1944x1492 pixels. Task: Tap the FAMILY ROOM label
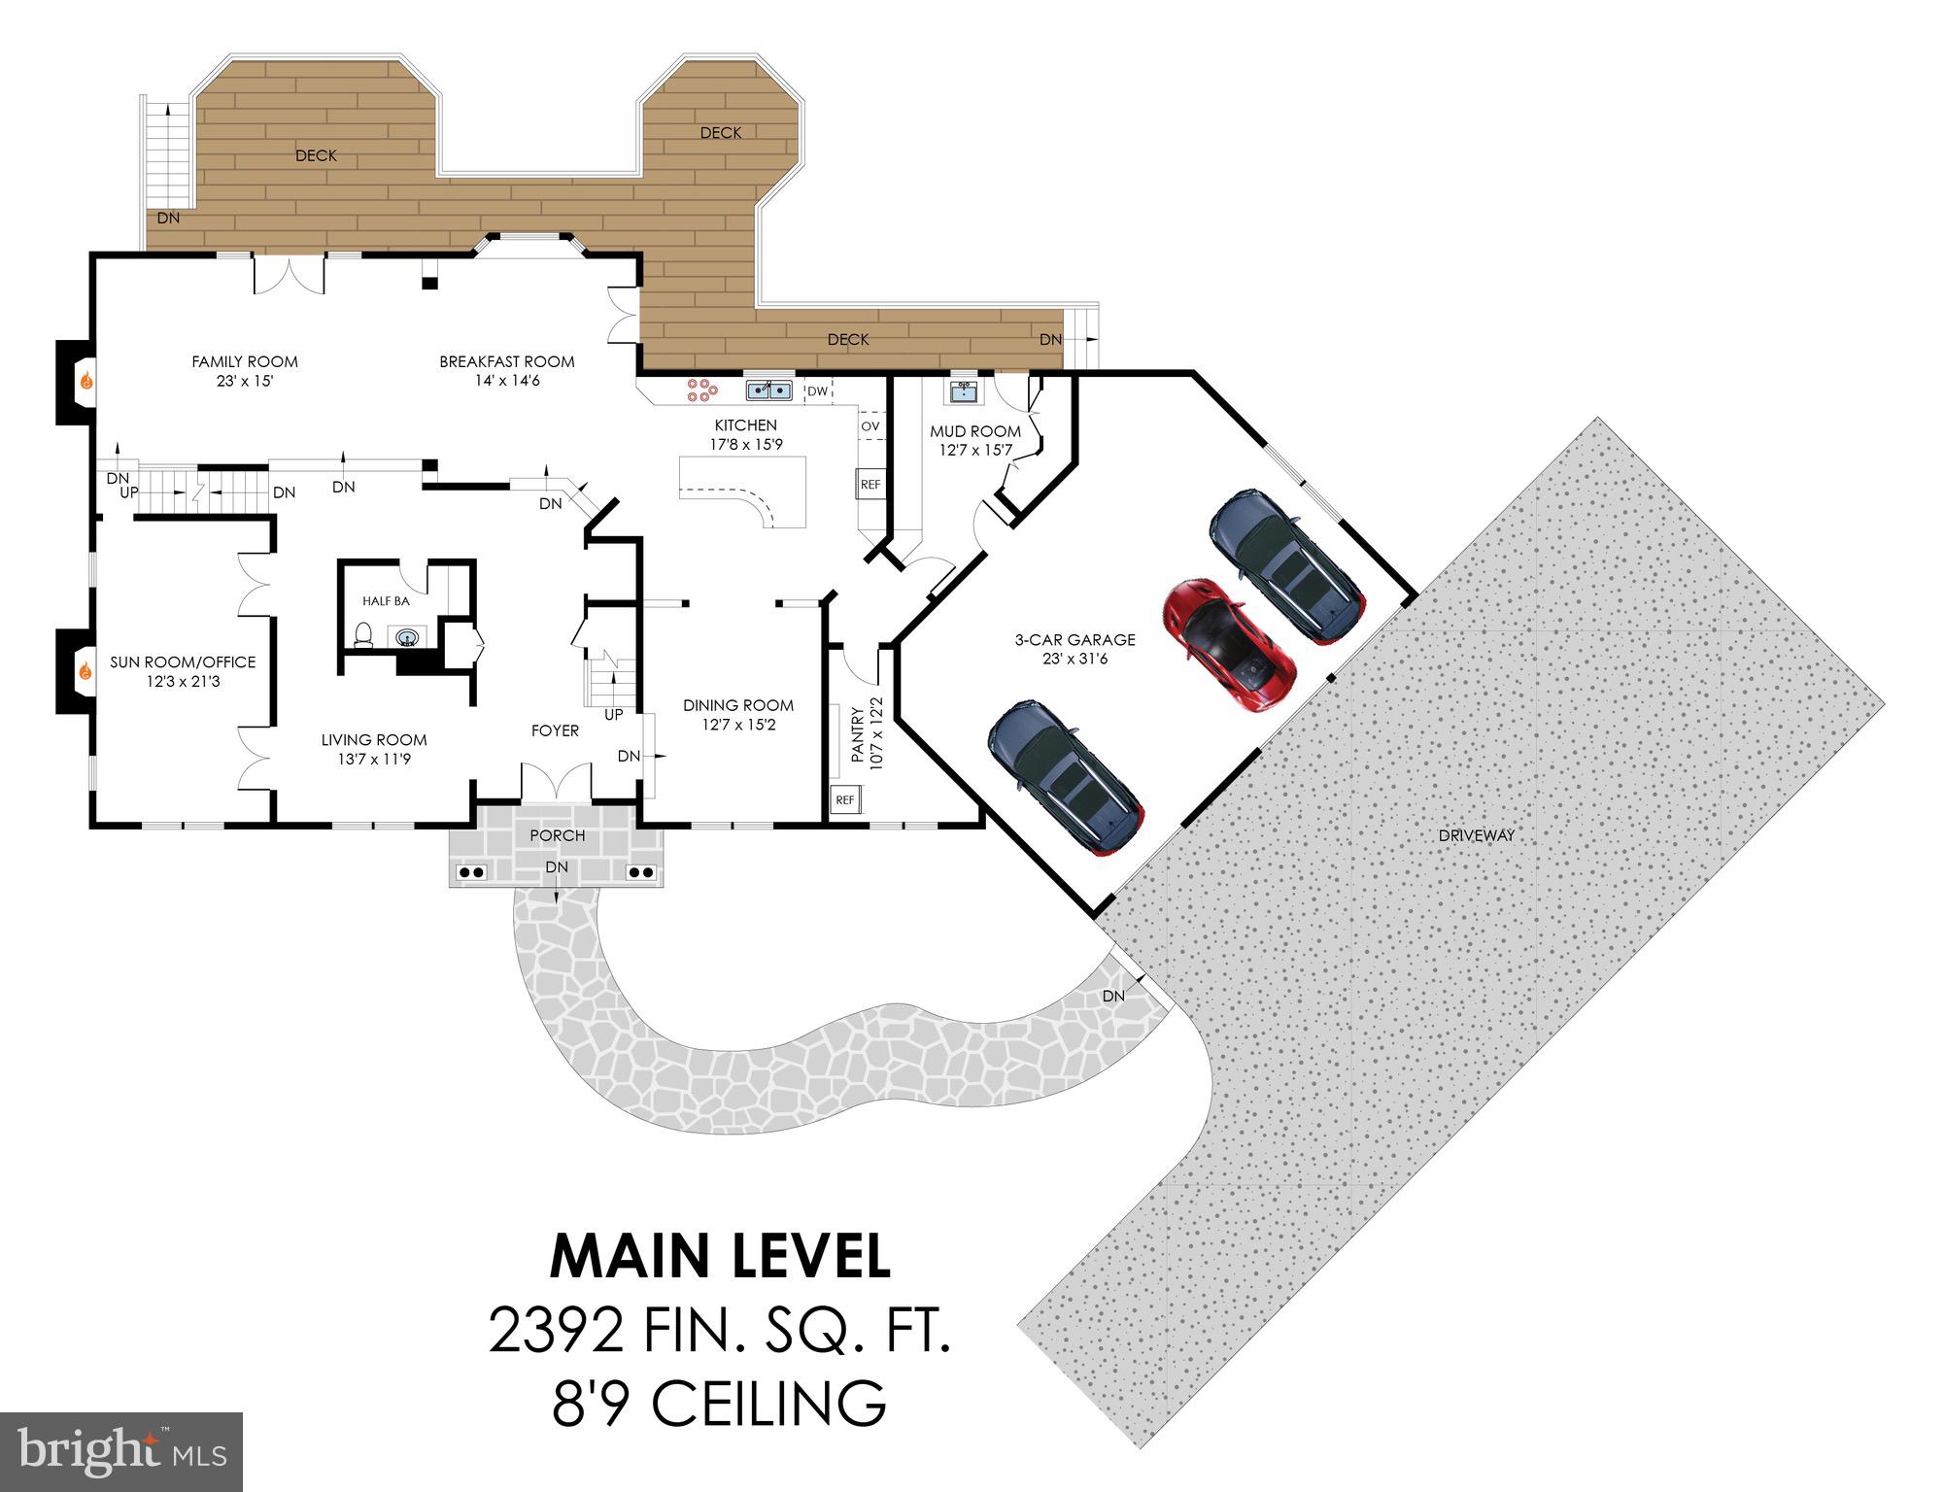(x=245, y=361)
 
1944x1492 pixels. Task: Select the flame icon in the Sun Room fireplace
(x=85, y=670)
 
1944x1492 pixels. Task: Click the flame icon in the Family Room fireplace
(x=85, y=380)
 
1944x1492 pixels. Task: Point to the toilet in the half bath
(x=364, y=635)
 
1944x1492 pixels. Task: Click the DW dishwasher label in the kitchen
(x=818, y=391)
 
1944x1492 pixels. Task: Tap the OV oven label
(x=870, y=425)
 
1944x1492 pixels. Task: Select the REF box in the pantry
(x=844, y=799)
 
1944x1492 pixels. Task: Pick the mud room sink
(x=964, y=390)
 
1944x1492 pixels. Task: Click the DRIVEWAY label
(x=1476, y=834)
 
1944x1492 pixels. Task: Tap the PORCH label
(x=558, y=835)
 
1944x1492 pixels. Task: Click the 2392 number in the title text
(x=556, y=1331)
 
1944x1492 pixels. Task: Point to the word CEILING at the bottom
(x=767, y=1404)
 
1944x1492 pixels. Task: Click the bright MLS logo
(x=121, y=1452)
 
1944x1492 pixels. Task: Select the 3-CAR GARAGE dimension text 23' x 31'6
(x=1074, y=659)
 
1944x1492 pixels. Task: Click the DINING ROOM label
(x=737, y=705)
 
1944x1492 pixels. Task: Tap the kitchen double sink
(x=768, y=390)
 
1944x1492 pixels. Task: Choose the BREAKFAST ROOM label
(x=506, y=361)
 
